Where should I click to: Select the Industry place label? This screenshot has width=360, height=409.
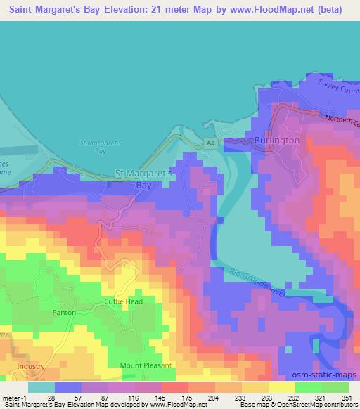(x=31, y=366)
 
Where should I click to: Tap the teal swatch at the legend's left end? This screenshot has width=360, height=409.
(x=41, y=387)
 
